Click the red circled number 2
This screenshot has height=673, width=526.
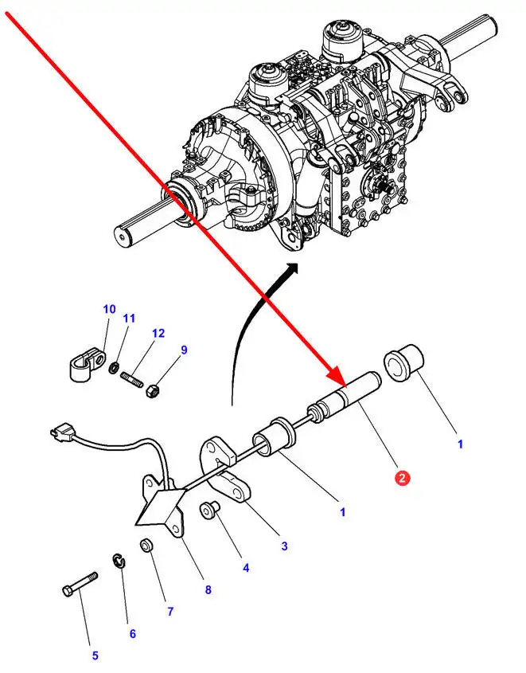[403, 478]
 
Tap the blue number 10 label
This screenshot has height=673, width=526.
[109, 309]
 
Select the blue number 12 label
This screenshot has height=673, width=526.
[158, 333]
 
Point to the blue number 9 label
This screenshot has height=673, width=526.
[184, 349]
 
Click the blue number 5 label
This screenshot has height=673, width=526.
[95, 655]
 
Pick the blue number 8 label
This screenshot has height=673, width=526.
[208, 590]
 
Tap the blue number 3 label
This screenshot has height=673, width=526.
[284, 546]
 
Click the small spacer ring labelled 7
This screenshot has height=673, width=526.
[146, 546]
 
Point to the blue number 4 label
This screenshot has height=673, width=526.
[246, 568]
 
